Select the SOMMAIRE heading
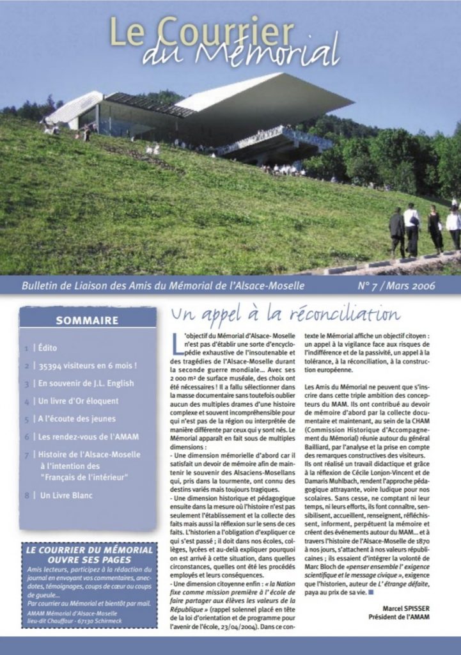pyautogui.click(x=87, y=320)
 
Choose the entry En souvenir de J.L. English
pyautogui.click(x=86, y=384)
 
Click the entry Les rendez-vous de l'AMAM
pyautogui.click(x=88, y=437)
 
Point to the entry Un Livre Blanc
pyautogui.click(x=66, y=495)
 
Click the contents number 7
pyautogui.click(x=26, y=455)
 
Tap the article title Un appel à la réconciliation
pyautogui.click(x=285, y=316)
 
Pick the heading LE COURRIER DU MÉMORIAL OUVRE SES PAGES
pyautogui.click(x=89, y=555)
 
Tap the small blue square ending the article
pyautogui.click(x=370, y=592)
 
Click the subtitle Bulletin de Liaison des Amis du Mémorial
pyautogui.click(x=163, y=285)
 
